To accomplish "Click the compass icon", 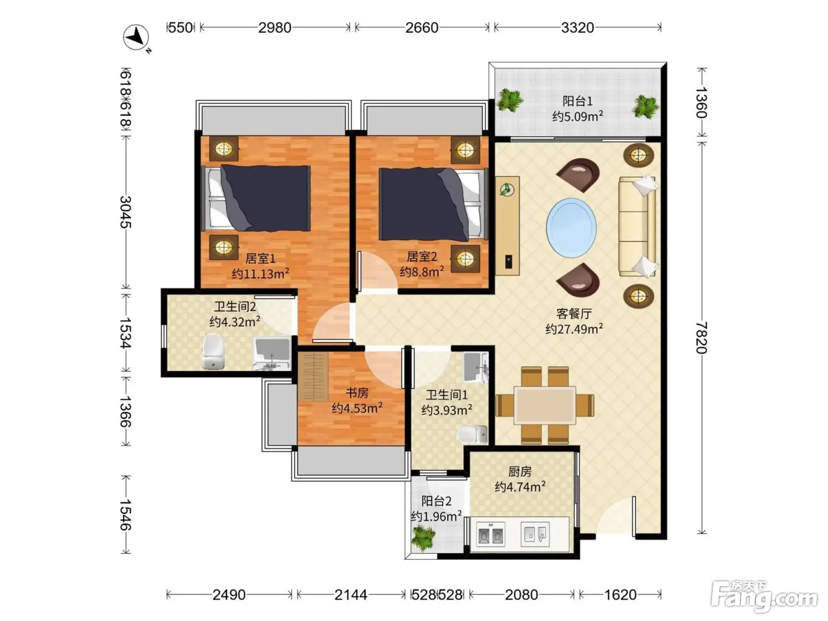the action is pyautogui.click(x=137, y=38).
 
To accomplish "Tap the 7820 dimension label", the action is pyautogui.click(x=701, y=338).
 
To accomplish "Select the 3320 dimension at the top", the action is pyautogui.click(x=577, y=28).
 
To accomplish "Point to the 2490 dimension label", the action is pyautogui.click(x=229, y=594).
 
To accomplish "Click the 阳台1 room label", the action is pyautogui.click(x=577, y=101).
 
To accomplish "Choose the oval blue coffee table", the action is pyautogui.click(x=571, y=228).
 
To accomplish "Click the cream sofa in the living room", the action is pyautogui.click(x=638, y=227).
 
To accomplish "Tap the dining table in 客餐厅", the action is pyautogui.click(x=545, y=405).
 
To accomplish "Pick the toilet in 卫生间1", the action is pyautogui.click(x=473, y=434).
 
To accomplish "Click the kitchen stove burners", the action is pyautogui.click(x=490, y=534).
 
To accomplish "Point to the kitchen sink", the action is pyautogui.click(x=535, y=534).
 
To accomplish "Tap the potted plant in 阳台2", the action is pyautogui.click(x=423, y=538).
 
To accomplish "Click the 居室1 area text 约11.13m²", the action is pyautogui.click(x=260, y=273).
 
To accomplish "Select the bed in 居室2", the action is pyautogui.click(x=431, y=204).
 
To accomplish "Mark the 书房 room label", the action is pyautogui.click(x=357, y=393).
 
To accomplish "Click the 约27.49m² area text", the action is pyautogui.click(x=574, y=329).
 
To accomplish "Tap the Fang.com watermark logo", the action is pyautogui.click(x=764, y=596).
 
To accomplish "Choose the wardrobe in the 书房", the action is pyautogui.click(x=313, y=377).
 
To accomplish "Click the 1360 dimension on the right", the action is pyautogui.click(x=701, y=102).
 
